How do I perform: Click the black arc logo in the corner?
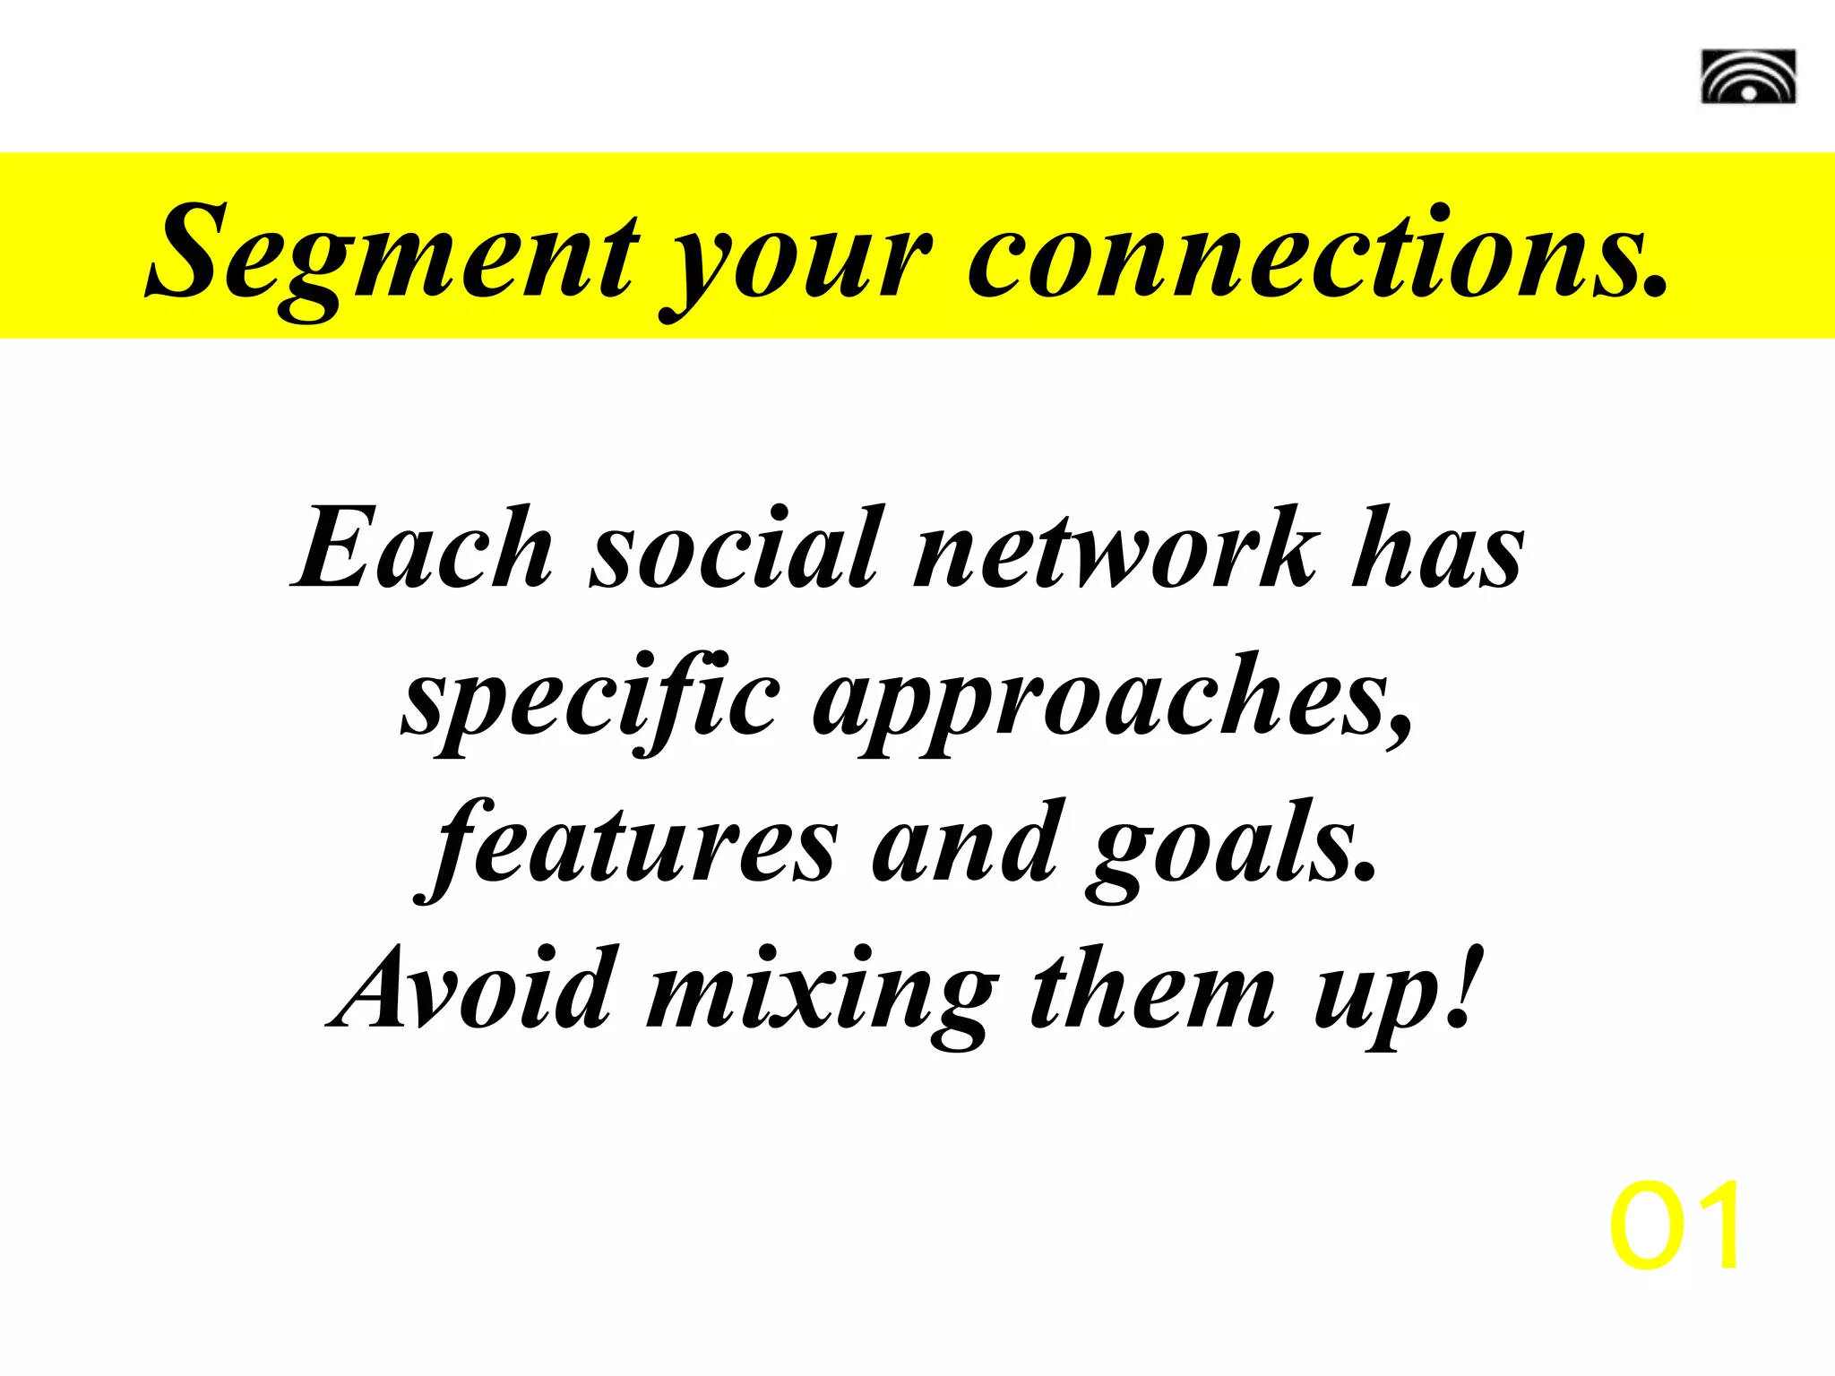(x=1748, y=77)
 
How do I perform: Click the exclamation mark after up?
(x=1460, y=985)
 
